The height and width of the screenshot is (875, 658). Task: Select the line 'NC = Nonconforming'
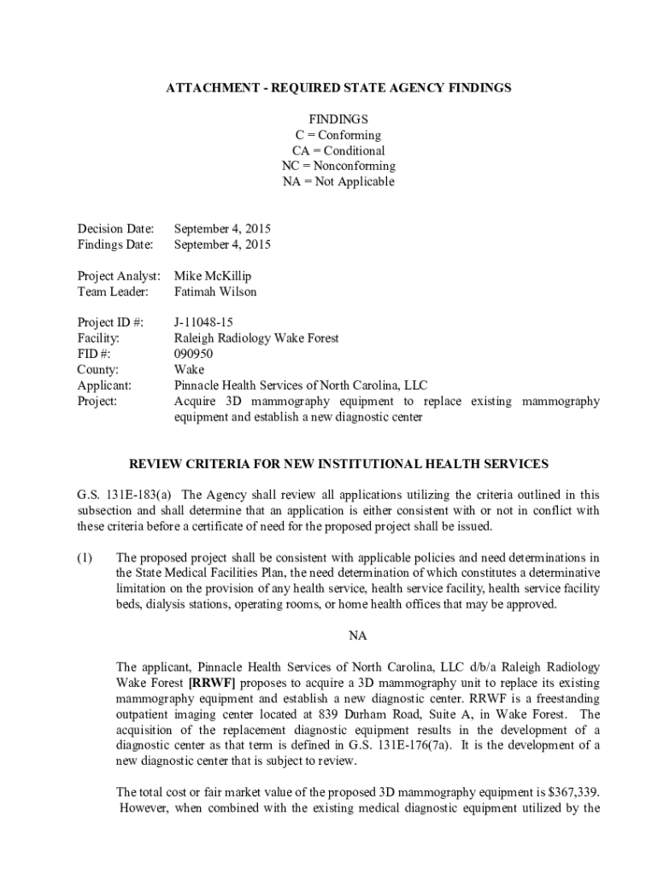click(339, 166)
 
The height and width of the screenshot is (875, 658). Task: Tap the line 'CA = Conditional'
click(339, 150)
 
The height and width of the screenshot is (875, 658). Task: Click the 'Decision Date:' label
click(116, 229)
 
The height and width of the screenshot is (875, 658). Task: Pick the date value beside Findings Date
click(222, 244)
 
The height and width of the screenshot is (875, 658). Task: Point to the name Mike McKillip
click(213, 276)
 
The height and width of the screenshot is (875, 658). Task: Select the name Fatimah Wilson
click(215, 291)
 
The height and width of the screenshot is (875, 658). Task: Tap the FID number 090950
click(194, 354)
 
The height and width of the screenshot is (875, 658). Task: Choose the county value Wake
click(189, 369)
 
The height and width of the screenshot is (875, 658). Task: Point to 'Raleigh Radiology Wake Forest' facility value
click(256, 338)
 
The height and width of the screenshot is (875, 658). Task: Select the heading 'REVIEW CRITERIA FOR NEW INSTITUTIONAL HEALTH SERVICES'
click(338, 464)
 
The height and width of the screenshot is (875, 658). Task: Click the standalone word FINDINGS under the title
click(339, 120)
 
